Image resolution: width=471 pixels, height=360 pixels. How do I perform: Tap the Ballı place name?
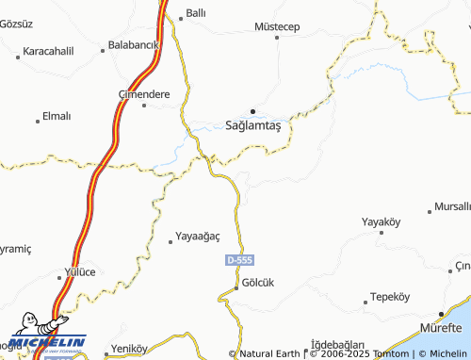(195, 14)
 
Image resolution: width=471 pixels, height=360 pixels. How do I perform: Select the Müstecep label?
(277, 26)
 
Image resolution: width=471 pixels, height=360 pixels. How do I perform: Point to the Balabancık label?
(133, 44)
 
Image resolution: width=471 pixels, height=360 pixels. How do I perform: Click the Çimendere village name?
(142, 94)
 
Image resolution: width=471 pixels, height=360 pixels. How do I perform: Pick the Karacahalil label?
(48, 50)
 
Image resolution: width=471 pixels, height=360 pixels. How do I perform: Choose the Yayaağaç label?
(198, 237)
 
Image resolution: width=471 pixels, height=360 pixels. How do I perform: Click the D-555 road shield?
(240, 259)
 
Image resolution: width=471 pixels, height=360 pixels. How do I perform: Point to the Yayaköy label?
(382, 221)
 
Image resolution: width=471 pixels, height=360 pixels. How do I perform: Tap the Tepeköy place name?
(390, 296)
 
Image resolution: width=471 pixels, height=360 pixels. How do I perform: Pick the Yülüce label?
(79, 271)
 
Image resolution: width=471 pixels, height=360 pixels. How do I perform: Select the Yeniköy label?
(129, 348)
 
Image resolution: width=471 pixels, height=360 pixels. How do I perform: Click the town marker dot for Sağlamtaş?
(252, 110)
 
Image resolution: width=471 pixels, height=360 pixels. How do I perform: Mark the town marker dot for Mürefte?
(441, 315)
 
